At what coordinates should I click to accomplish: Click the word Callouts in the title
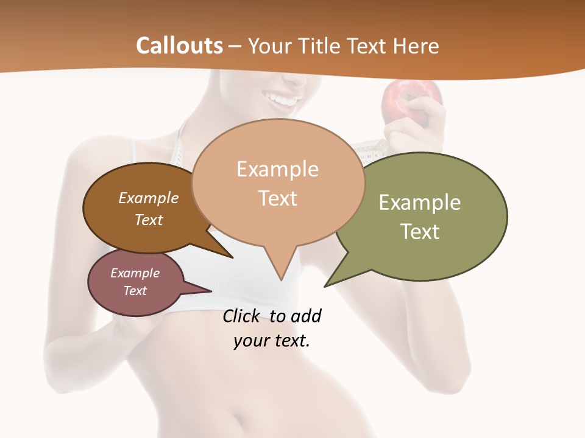pyautogui.click(x=179, y=46)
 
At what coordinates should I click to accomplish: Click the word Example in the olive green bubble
pyautogui.click(x=420, y=202)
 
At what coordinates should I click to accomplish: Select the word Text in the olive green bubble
pyautogui.click(x=420, y=231)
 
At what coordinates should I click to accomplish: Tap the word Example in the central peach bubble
pyautogui.click(x=277, y=169)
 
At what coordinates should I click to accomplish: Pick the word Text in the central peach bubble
pyautogui.click(x=278, y=198)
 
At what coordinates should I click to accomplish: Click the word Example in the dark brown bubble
pyautogui.click(x=148, y=198)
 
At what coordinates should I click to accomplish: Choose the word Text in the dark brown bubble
pyautogui.click(x=148, y=220)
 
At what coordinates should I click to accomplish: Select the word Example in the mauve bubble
pyautogui.click(x=135, y=273)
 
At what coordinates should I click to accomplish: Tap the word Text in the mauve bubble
pyautogui.click(x=135, y=291)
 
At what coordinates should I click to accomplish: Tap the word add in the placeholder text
pyautogui.click(x=305, y=316)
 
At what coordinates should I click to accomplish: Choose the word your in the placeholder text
pyautogui.click(x=249, y=341)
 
